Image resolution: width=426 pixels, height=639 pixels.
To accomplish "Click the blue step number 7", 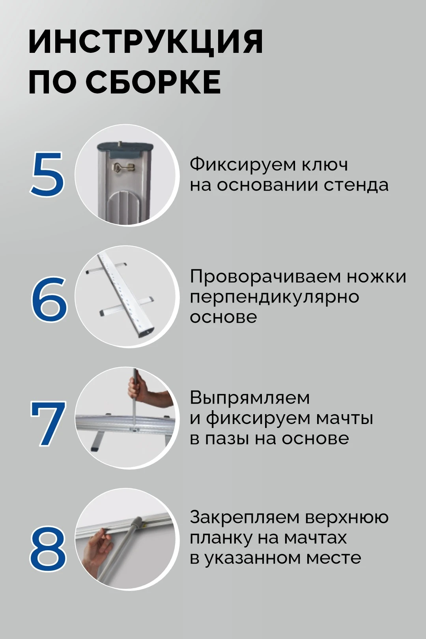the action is pyautogui.click(x=48, y=423).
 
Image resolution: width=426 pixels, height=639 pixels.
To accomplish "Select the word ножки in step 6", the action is pyautogui.click(x=376, y=277).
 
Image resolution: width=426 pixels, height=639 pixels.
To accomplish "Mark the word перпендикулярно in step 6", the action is pyautogui.click(x=275, y=298).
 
